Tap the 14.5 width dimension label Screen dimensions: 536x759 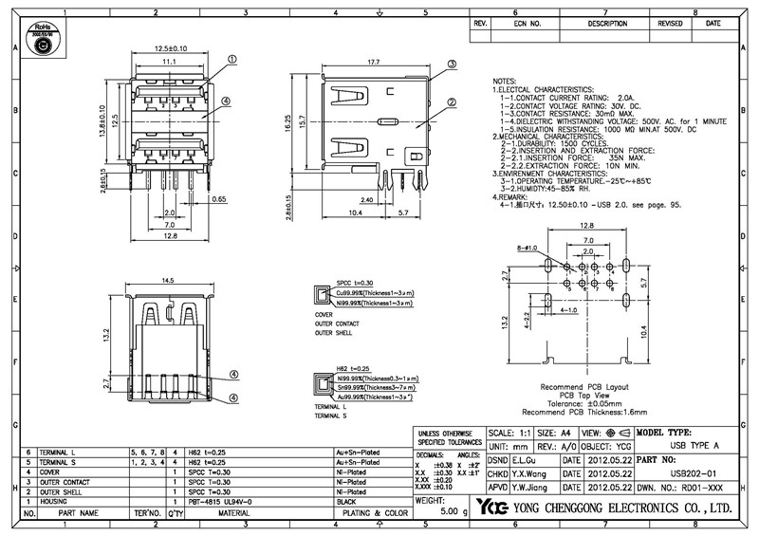click(x=171, y=281)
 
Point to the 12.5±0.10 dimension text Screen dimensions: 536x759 click(x=171, y=48)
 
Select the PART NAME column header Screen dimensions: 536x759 click(x=75, y=513)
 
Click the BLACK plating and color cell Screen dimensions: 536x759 click(x=352, y=501)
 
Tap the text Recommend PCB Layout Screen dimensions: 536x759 click(x=583, y=388)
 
